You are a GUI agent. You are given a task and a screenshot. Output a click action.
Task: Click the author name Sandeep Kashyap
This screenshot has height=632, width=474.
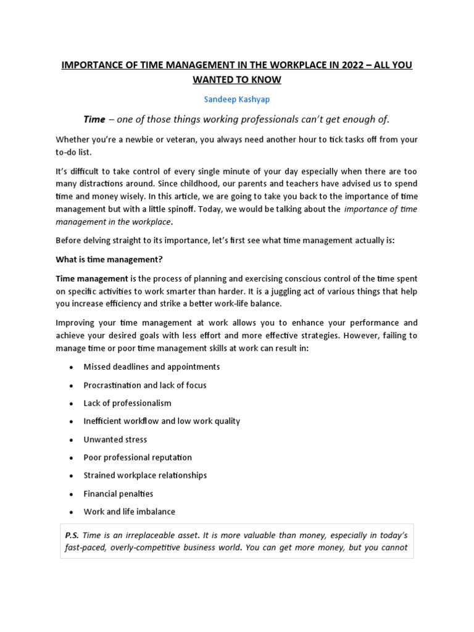point(236,99)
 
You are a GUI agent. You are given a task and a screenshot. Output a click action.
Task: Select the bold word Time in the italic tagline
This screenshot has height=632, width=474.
point(94,118)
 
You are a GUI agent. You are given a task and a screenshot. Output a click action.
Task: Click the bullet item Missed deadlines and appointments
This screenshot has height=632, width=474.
point(151,367)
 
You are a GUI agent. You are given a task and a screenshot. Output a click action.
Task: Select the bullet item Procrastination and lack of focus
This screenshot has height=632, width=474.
point(144,385)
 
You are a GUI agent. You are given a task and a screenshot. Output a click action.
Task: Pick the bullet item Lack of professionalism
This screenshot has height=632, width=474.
point(127,403)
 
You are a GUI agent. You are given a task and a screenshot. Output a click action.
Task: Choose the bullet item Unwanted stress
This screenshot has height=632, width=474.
point(115,439)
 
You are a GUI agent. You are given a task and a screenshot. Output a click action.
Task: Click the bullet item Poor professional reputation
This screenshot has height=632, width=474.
point(138,457)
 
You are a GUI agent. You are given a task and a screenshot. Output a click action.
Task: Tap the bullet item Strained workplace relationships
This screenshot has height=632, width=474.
point(145,475)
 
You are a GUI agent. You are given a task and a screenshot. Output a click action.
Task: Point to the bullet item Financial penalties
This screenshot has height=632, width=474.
point(118,494)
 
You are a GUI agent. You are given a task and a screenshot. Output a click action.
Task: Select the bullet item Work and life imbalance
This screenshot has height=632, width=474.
point(129,512)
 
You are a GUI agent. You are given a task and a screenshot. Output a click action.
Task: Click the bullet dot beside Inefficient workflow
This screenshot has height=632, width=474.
point(72,422)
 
